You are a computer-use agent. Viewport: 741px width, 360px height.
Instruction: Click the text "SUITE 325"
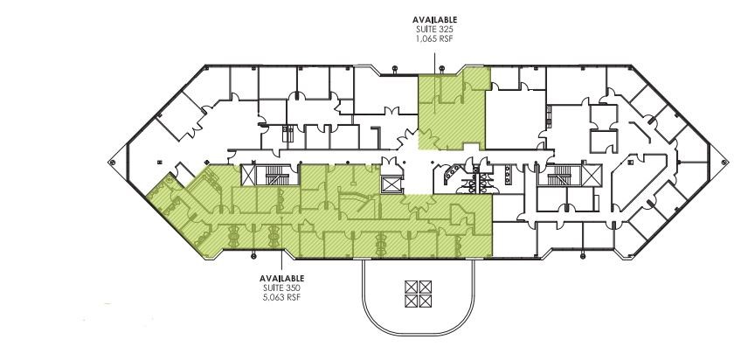(434, 29)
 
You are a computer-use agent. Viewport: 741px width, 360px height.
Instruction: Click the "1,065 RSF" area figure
(434, 38)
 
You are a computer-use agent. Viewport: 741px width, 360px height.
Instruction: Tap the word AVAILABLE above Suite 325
(434, 18)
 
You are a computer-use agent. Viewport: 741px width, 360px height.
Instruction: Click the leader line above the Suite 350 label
(280, 263)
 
